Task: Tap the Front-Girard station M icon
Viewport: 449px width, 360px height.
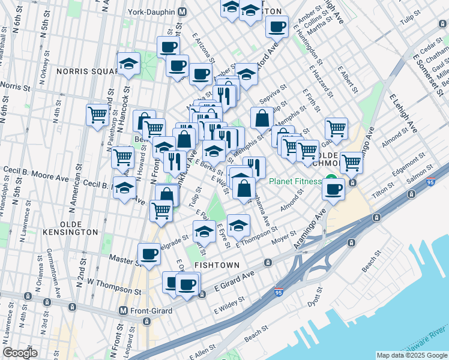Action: [123, 311]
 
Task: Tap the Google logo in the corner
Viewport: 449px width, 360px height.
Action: [20, 352]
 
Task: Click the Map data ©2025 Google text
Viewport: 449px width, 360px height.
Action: [411, 355]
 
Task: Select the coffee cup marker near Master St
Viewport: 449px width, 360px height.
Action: [149, 253]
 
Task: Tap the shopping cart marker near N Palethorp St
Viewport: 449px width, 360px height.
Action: [97, 113]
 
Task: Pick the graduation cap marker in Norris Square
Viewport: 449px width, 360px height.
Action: [128, 63]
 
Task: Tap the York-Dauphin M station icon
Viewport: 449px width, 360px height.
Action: [182, 12]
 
